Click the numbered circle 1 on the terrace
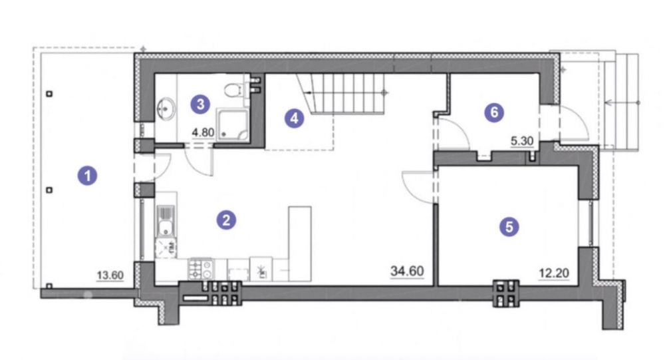click(87, 175)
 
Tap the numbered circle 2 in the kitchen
click(226, 220)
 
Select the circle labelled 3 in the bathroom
click(200, 104)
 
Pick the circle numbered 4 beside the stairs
click(295, 118)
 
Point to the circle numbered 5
click(509, 227)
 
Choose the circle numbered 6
click(493, 112)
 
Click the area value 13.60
click(110, 275)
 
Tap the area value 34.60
click(407, 271)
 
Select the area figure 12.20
click(554, 273)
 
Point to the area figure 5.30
click(521, 141)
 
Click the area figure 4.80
click(203, 132)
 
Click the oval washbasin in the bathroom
click(166, 108)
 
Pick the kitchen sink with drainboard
click(166, 221)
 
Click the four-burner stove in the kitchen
click(201, 268)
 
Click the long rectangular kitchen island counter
click(300, 244)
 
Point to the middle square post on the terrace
click(49, 190)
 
